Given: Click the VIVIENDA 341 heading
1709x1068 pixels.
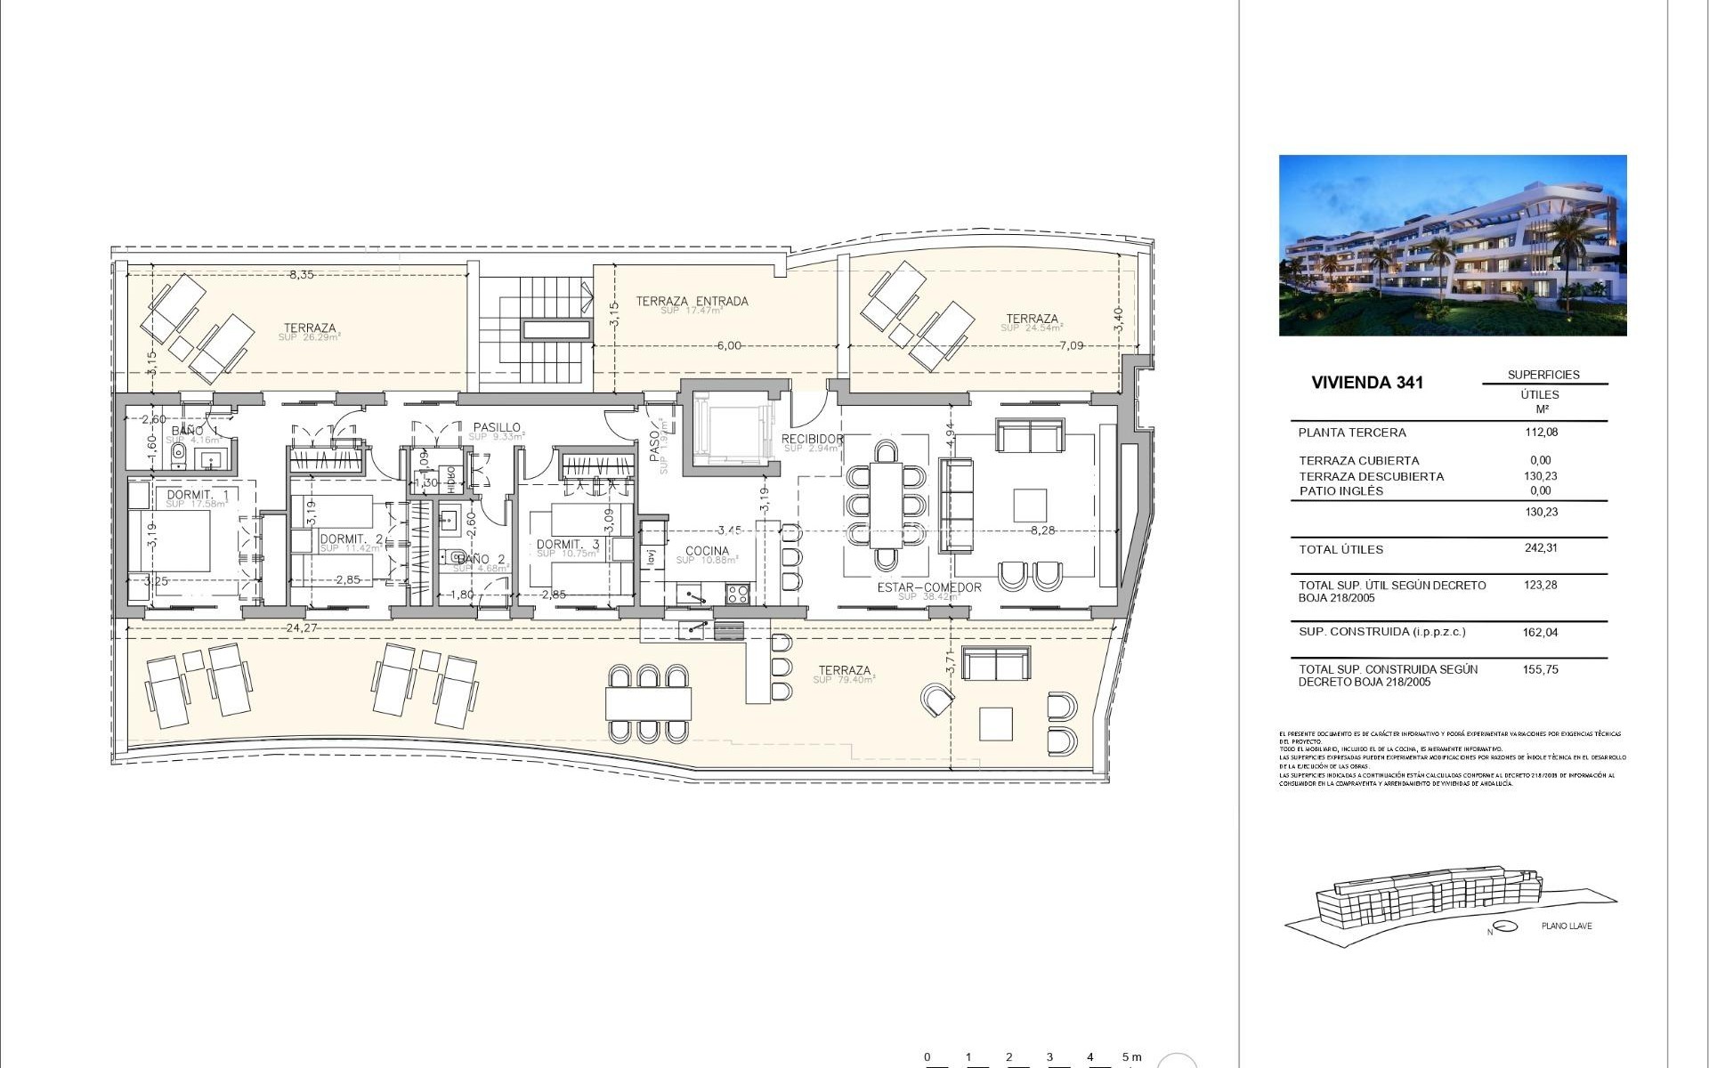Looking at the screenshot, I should [x=1367, y=383].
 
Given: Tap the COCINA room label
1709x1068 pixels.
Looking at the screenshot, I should [x=707, y=551].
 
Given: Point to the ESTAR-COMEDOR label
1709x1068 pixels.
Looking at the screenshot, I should [x=929, y=587].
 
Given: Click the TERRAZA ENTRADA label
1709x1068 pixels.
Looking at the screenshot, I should [x=692, y=302].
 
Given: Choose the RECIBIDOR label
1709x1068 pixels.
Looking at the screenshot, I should [x=812, y=439].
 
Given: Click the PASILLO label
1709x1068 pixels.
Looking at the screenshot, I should [x=497, y=428].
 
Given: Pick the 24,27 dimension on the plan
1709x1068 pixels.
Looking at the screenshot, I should [x=302, y=627].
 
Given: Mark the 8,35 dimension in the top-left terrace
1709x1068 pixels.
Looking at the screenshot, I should [x=301, y=275].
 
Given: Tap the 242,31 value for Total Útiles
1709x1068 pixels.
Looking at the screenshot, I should [x=1541, y=548].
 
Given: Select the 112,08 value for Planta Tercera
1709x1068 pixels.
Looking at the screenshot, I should [x=1541, y=433].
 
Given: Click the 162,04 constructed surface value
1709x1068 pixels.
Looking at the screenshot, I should [x=1541, y=633].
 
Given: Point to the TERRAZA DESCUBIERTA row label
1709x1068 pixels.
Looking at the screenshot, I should [x=1371, y=476].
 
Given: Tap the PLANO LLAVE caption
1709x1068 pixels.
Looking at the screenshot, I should [x=1567, y=926].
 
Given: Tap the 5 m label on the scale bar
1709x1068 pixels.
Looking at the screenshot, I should [x=1131, y=1057].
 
